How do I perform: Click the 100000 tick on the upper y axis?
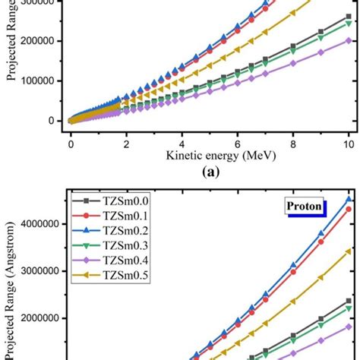pos(42,81)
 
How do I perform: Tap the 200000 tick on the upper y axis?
pos(42,41)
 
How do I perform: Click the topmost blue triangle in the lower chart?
pos(349,200)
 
